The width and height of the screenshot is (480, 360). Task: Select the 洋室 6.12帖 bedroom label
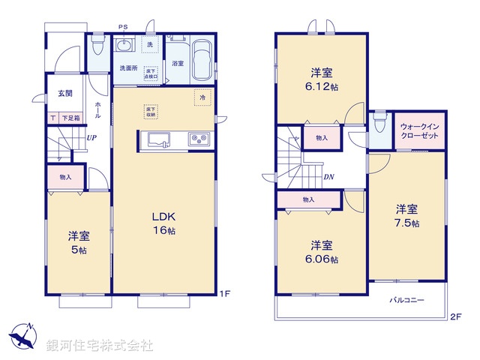coord(323,79)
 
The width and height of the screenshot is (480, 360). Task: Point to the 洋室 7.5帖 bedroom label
coord(407,216)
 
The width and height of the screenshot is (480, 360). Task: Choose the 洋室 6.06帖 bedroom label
coord(322,252)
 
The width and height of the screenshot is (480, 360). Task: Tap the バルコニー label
coord(407,299)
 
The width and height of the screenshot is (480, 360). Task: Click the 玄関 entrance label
coord(64,94)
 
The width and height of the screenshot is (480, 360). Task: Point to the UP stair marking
coord(91,138)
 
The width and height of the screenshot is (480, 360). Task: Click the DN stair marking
coord(328,177)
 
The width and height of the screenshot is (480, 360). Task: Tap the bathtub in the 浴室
coord(202,59)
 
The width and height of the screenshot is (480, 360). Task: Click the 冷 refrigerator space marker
coord(201,97)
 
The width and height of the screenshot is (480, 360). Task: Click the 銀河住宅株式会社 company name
coord(99,346)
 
